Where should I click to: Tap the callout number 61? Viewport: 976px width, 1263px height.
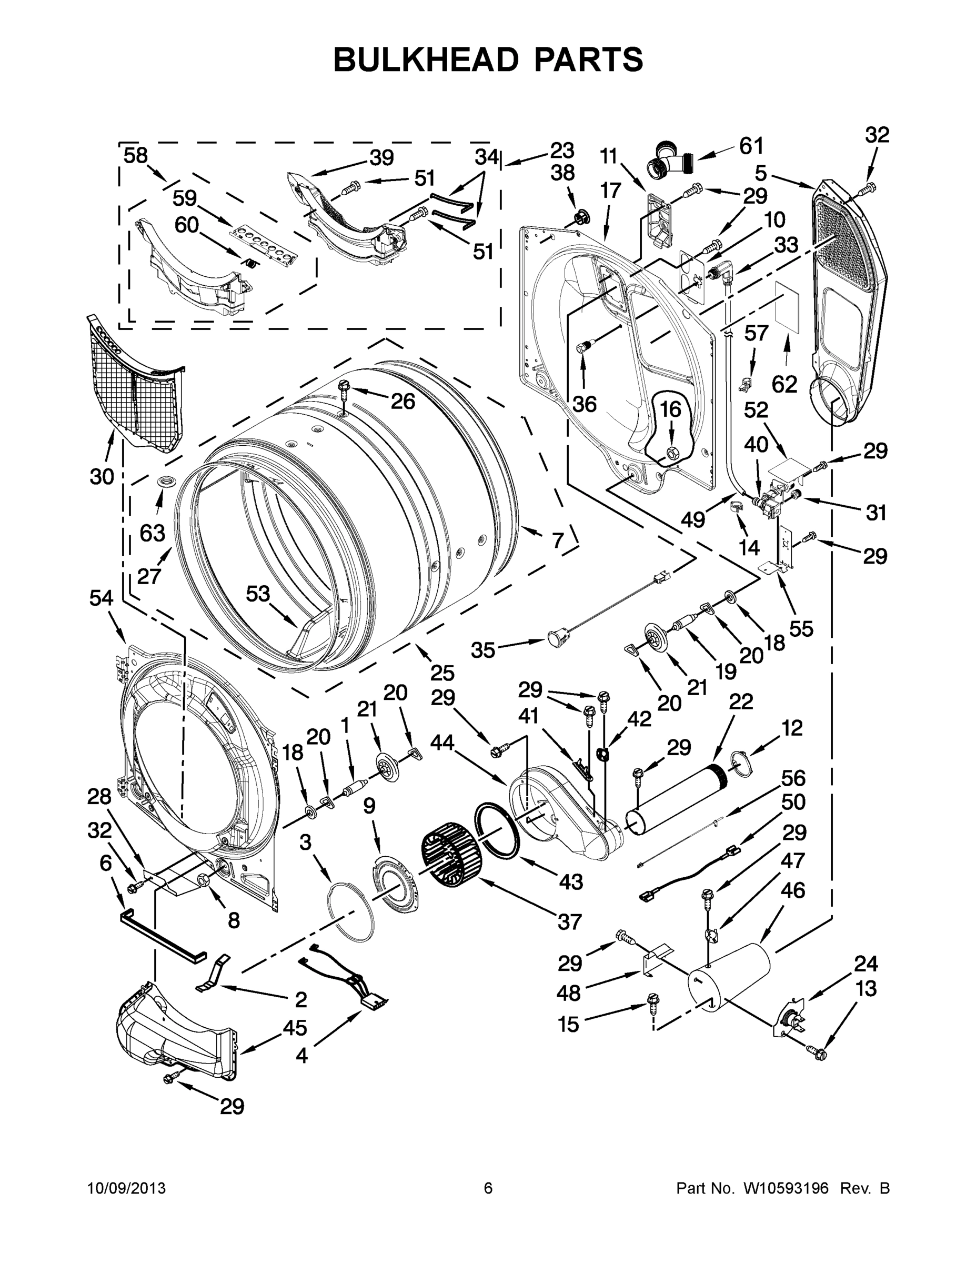pos(751,146)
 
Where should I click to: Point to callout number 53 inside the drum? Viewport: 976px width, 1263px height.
pos(258,593)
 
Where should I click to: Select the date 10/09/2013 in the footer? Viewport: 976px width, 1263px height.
pos(127,1188)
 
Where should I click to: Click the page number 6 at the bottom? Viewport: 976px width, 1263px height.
pos(488,1188)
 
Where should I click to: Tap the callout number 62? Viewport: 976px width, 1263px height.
pos(784,384)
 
